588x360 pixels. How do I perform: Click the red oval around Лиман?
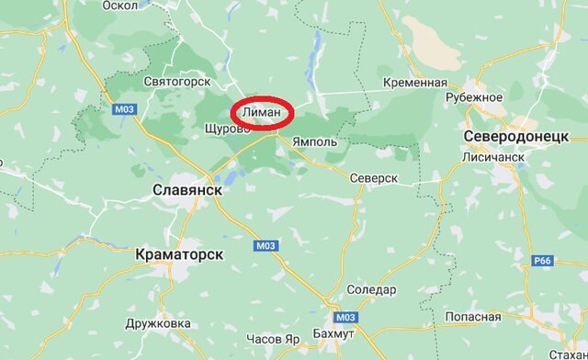coord(263,113)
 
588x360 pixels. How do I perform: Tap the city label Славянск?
coord(187,188)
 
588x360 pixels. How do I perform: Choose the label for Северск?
coord(373,177)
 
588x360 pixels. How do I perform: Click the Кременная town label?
coord(415,83)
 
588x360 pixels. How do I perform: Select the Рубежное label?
coord(474,97)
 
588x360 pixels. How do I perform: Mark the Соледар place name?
coord(373,290)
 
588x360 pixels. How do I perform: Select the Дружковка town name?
coord(158,323)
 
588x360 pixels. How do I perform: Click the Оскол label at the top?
coord(119,5)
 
